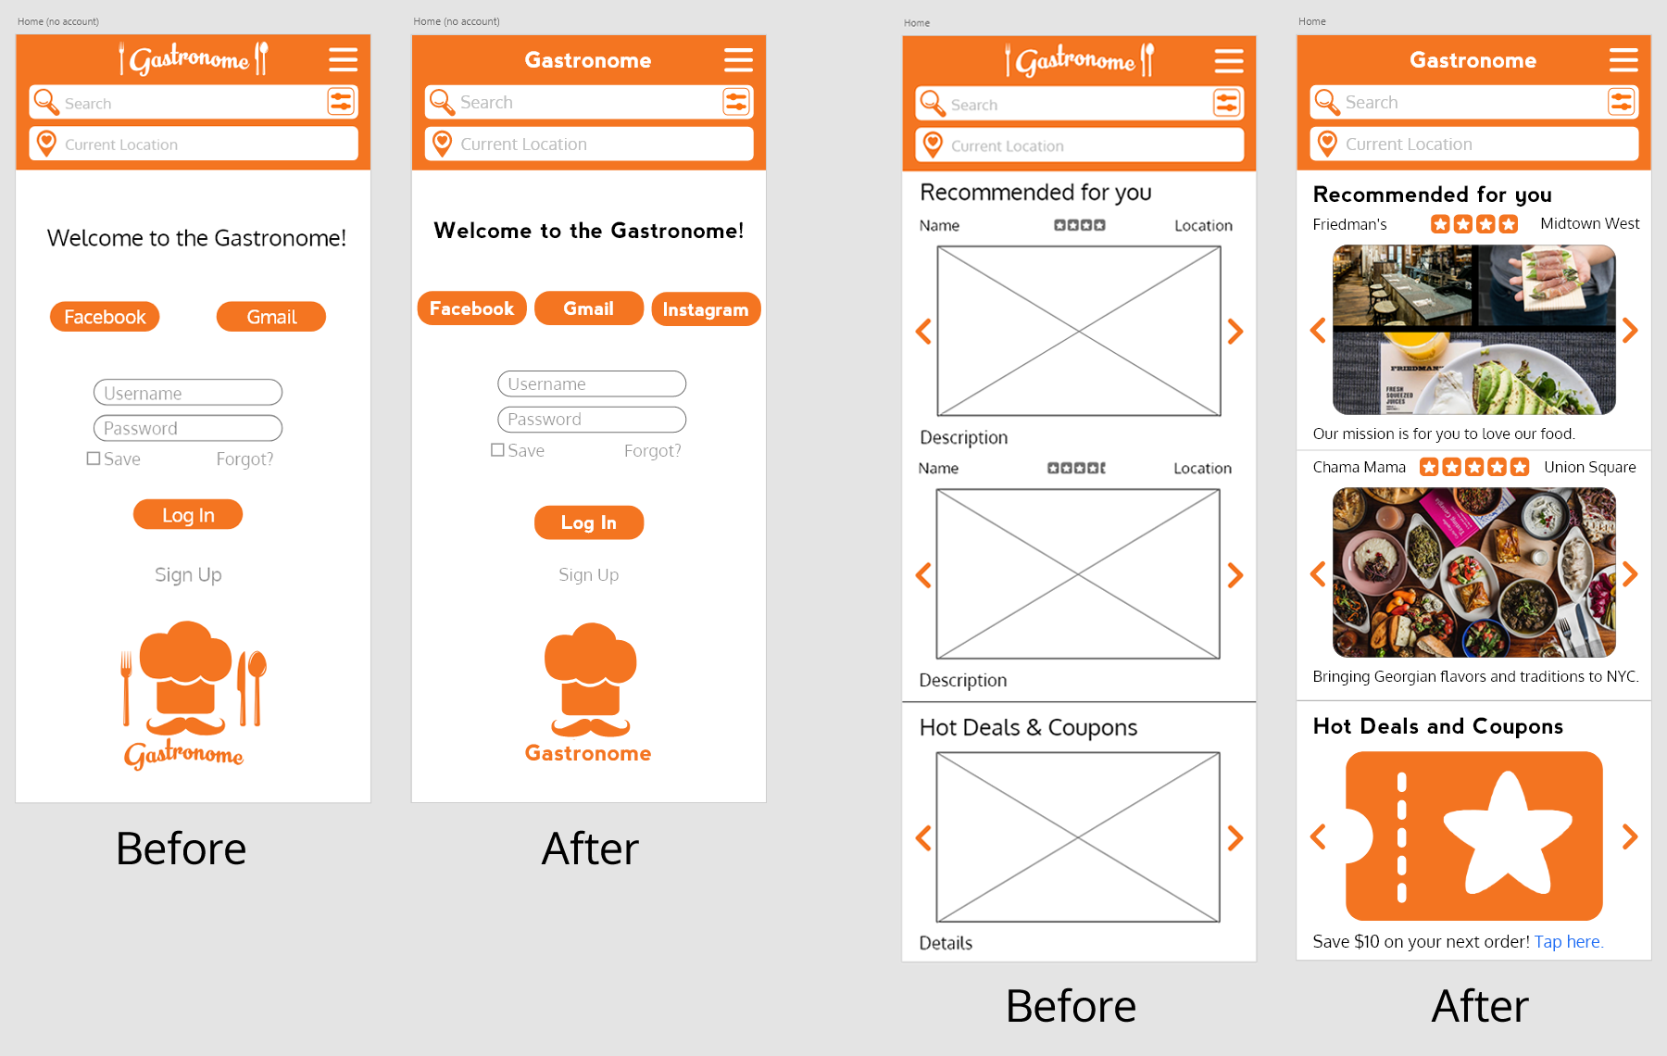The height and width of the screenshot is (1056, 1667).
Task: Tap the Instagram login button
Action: click(x=706, y=309)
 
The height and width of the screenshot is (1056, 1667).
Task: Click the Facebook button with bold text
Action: click(x=471, y=308)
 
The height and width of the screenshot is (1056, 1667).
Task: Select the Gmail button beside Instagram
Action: click(x=589, y=308)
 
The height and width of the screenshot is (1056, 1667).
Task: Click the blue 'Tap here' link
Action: click(x=1569, y=942)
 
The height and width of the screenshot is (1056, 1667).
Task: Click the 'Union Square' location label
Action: click(x=1590, y=468)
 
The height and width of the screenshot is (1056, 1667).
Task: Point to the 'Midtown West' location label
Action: click(x=1590, y=224)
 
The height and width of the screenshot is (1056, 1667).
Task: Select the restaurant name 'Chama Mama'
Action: click(x=1359, y=468)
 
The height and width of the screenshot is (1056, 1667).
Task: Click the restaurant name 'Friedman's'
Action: click(x=1349, y=224)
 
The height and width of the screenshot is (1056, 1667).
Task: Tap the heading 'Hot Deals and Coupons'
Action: click(x=1438, y=726)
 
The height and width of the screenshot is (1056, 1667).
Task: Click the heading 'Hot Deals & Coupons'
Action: click(x=1028, y=728)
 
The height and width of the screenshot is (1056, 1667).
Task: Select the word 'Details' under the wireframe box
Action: click(x=946, y=943)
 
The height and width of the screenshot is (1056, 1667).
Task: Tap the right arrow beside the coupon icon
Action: click(x=1631, y=836)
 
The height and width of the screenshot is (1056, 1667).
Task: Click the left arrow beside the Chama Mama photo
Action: click(x=1318, y=574)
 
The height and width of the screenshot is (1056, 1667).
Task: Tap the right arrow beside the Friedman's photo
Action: click(x=1631, y=330)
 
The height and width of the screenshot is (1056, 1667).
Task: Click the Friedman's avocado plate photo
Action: click(x=1474, y=330)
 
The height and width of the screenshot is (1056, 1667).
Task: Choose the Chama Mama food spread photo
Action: click(x=1474, y=572)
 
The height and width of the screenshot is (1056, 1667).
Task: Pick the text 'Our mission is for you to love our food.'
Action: click(x=1444, y=434)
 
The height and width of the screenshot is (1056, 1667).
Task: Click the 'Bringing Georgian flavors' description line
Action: click(x=1475, y=677)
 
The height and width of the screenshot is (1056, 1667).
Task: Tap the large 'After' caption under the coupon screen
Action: click(x=1480, y=1006)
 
